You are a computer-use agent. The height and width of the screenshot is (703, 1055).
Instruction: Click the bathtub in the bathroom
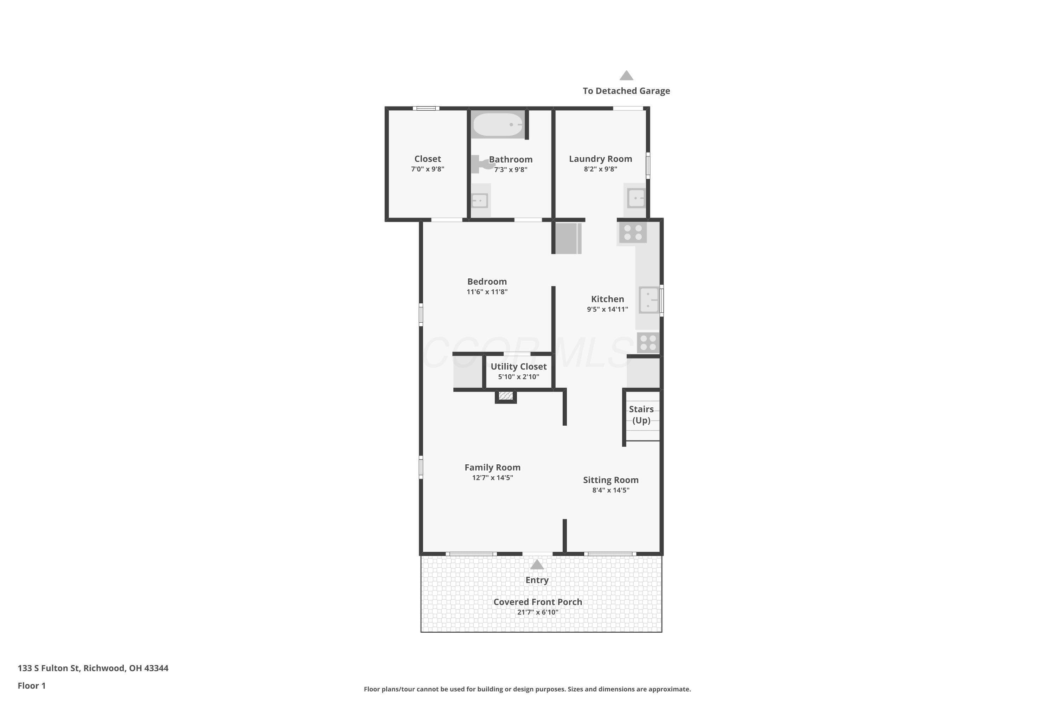click(x=498, y=124)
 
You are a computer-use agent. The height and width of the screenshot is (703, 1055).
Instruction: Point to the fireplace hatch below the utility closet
click(x=506, y=396)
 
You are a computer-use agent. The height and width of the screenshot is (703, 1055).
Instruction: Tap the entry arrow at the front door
click(x=537, y=565)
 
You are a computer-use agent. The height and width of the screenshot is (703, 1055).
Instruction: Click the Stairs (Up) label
click(x=641, y=415)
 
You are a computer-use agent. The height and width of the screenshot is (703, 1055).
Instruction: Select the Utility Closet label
click(x=518, y=366)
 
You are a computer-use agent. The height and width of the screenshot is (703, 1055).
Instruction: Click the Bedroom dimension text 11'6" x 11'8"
click(x=487, y=292)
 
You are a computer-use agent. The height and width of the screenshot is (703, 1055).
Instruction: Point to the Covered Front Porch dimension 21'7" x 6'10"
click(x=538, y=612)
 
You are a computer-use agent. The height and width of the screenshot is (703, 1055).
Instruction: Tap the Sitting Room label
click(x=611, y=480)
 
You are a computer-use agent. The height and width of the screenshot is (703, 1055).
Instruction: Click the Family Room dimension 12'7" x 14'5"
click(x=493, y=477)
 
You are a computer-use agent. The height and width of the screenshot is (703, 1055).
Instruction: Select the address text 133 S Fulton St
click(x=49, y=668)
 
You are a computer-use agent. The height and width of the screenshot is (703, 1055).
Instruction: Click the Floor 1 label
click(x=32, y=685)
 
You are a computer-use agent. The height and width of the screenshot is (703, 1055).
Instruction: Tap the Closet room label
click(x=428, y=159)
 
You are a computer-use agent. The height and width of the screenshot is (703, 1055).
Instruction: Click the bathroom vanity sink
click(x=480, y=200)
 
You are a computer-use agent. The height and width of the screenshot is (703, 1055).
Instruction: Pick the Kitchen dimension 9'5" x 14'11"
click(x=607, y=309)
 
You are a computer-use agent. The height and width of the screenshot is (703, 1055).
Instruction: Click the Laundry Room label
click(x=601, y=159)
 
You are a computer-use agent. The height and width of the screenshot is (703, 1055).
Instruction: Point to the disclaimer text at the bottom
click(x=527, y=689)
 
